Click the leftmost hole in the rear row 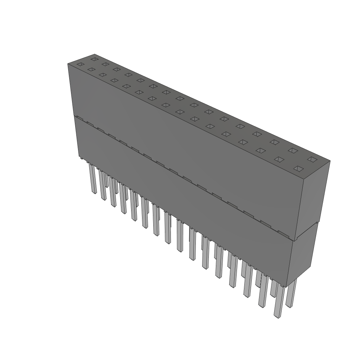pyautogui.click(x=94, y=59)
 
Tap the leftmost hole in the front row pyautogui.click(x=81, y=64)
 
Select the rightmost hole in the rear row pyautogui.click(x=311, y=159)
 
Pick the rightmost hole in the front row pyautogui.click(x=298, y=169)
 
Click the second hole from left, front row pyautogui.click(x=91, y=70)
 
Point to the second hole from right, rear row pyautogui.click(x=292, y=150)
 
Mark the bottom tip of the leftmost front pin pyautogui.click(x=94, y=193)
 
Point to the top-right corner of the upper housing pyautogui.click(x=330, y=161)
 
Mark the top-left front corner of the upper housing pyautogui.click(x=68, y=64)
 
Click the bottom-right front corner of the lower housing pyautogui.click(x=287, y=287)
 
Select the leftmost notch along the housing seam pyautogui.click(x=79, y=118)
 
